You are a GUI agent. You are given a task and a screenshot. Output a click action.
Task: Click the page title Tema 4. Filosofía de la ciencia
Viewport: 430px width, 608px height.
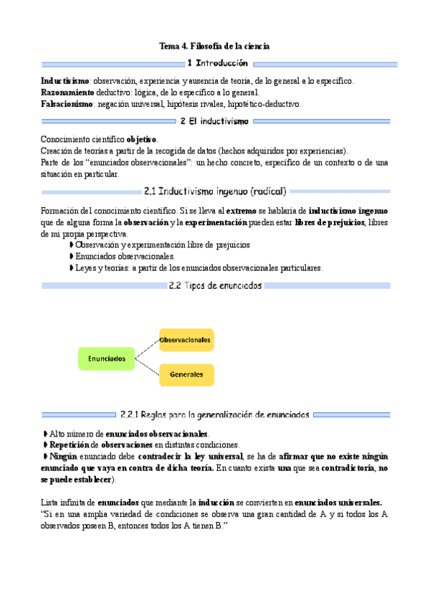click(214, 47)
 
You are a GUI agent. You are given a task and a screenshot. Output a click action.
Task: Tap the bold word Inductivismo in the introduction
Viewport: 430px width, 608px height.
click(65, 81)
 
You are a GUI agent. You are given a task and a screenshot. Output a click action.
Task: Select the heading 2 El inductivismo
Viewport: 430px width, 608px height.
click(215, 121)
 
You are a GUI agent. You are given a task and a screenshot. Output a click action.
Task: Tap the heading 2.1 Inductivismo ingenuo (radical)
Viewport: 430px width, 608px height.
click(215, 191)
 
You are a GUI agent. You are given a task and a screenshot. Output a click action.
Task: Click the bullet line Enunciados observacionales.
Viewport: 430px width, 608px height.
click(125, 256)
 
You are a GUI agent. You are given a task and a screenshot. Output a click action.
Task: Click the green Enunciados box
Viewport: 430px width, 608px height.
click(106, 358)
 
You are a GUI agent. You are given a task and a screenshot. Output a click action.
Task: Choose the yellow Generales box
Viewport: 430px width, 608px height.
click(186, 374)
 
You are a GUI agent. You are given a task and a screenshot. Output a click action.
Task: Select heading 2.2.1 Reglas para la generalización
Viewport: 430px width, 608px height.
click(215, 414)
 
